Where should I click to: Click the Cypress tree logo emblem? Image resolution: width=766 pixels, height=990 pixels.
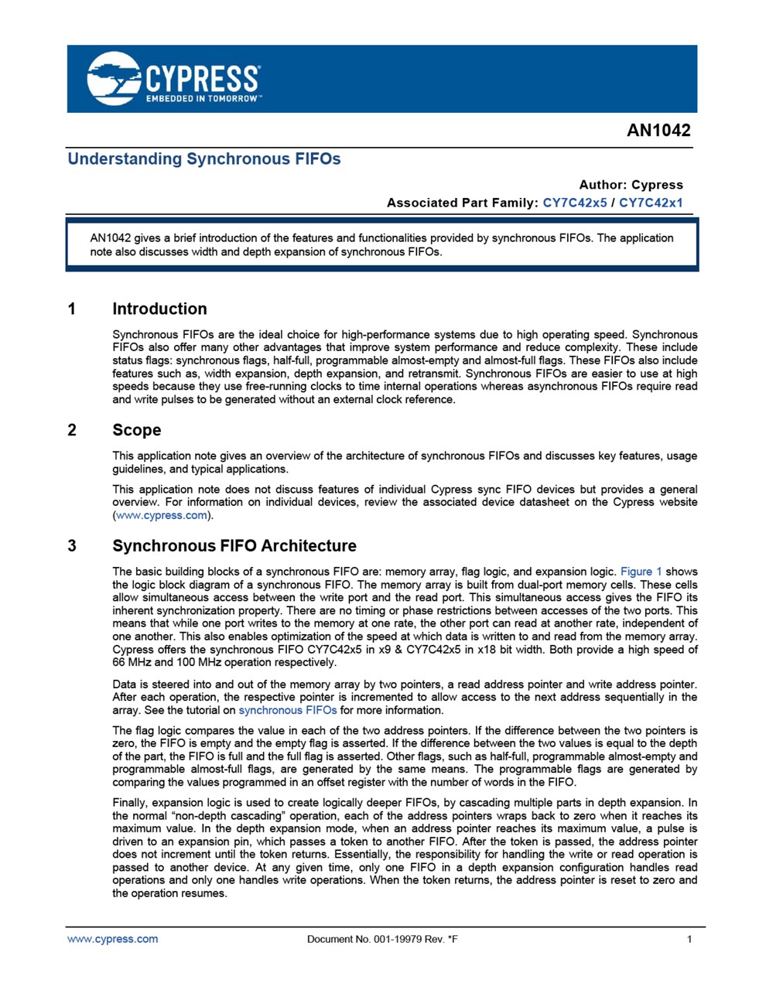114,78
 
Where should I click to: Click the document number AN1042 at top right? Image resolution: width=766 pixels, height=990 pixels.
658,131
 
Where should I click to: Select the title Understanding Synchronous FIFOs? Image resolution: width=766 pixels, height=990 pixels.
204,159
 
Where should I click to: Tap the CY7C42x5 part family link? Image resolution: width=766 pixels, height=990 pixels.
575,203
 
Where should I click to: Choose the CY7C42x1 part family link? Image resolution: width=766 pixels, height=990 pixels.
651,203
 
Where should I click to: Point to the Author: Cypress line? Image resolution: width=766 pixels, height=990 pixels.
631,185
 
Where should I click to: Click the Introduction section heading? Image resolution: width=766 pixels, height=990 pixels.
159,309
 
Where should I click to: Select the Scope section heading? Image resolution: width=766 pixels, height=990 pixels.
137,430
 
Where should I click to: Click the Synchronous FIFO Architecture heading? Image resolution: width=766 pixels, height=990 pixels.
234,546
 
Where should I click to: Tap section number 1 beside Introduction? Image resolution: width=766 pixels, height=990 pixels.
72,309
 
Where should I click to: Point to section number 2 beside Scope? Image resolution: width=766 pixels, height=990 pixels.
72,430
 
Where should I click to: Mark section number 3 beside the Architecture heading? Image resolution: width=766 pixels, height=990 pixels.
72,546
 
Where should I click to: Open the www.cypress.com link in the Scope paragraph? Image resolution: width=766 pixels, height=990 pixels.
162,515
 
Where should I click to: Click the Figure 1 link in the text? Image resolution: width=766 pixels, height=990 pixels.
641,572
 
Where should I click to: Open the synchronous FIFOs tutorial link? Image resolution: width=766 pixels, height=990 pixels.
287,710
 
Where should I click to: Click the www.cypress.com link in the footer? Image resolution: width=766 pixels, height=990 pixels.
113,939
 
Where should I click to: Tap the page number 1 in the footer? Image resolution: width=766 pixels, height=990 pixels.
689,940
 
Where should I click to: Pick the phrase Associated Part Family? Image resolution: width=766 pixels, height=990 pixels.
462,203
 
